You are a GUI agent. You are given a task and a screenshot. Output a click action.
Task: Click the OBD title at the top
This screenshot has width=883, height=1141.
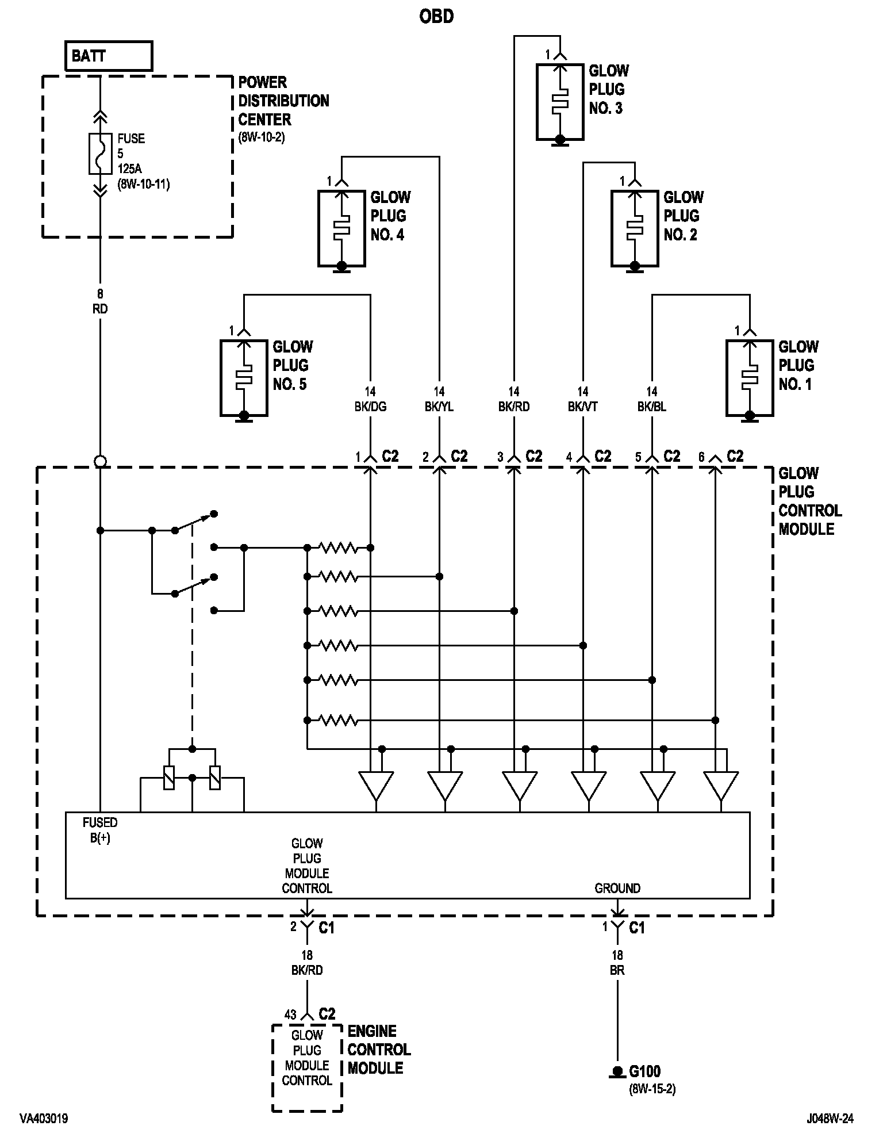click(x=436, y=17)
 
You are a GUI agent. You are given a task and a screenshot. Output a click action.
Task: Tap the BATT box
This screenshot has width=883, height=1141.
click(x=109, y=56)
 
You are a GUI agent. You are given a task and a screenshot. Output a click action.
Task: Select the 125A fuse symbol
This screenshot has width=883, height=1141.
click(x=100, y=154)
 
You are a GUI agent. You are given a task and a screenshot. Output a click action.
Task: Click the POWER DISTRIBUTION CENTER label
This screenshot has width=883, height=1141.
click(x=284, y=101)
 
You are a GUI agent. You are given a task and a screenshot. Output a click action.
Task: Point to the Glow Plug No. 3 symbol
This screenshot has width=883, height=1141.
click(x=560, y=102)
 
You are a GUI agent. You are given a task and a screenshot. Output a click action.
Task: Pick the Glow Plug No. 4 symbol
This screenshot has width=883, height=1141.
click(x=341, y=228)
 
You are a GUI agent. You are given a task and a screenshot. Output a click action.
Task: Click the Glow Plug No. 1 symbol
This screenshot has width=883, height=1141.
click(x=750, y=378)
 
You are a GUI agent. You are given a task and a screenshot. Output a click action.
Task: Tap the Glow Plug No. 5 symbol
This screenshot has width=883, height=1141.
click(x=244, y=378)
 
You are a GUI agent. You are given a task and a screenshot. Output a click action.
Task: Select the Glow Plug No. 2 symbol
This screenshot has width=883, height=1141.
click(x=635, y=228)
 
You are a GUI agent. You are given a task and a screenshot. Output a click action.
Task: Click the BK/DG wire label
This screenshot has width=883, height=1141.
click(x=370, y=407)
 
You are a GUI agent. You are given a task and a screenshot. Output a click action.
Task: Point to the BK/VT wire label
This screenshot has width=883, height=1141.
click(x=583, y=407)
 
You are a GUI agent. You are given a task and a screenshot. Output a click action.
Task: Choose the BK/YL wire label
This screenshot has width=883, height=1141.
click(x=439, y=407)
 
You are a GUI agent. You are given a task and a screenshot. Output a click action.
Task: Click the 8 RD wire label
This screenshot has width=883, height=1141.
click(x=100, y=301)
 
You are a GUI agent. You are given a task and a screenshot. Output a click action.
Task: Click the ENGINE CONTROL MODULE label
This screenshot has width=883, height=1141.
click(x=379, y=1050)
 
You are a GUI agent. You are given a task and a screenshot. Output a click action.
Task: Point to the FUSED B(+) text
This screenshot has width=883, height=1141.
click(x=100, y=830)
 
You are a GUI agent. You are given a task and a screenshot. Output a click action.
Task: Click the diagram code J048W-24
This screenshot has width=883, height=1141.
click(x=830, y=1119)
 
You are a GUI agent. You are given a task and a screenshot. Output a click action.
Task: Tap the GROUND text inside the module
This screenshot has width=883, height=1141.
click(x=617, y=888)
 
